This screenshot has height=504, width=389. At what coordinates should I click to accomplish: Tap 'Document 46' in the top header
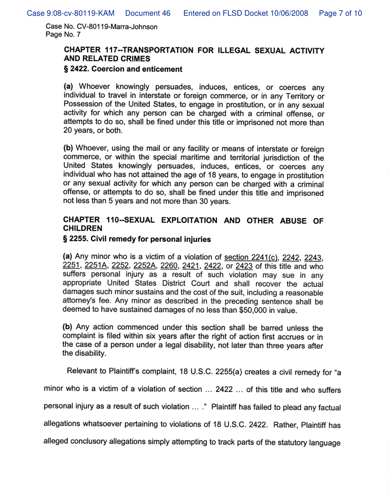coord(148,13)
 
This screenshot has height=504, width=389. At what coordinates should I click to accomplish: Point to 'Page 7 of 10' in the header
coord(340,13)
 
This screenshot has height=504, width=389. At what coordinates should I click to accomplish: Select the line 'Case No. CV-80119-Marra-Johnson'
coord(102,27)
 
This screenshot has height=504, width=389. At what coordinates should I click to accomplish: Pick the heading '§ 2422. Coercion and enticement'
coord(123,69)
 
